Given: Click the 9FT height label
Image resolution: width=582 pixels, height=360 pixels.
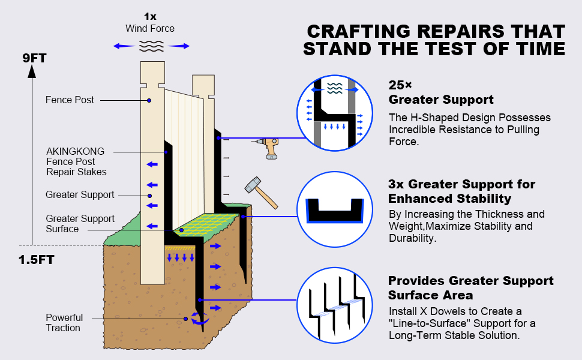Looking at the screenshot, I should (34, 59).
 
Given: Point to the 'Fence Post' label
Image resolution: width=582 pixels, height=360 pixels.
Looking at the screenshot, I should (70, 100).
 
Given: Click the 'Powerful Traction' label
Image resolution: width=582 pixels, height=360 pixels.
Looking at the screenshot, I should (64, 323).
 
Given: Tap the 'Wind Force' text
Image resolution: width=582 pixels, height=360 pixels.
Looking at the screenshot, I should (150, 29).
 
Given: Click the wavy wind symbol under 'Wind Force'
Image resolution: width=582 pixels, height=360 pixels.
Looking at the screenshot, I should (150, 46).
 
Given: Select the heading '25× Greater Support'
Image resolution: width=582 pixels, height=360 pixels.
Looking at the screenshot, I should (441, 92).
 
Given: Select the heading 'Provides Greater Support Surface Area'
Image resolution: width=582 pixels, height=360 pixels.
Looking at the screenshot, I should (471, 288).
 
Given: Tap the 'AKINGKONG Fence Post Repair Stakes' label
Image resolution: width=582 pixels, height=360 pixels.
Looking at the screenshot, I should (76, 162).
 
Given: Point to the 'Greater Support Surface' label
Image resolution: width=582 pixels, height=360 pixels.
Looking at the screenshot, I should (80, 224).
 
